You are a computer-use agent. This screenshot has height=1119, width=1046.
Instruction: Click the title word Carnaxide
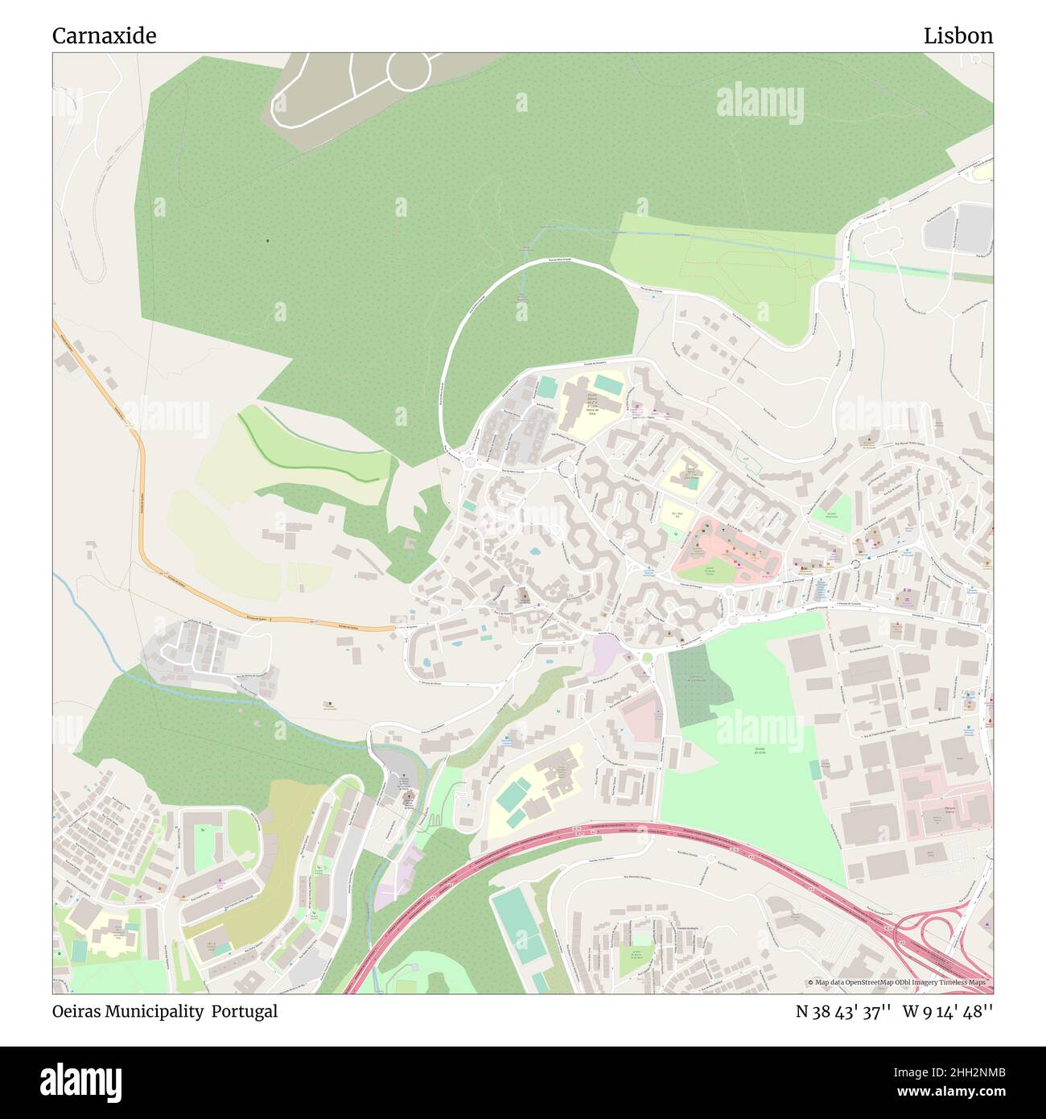[104, 36]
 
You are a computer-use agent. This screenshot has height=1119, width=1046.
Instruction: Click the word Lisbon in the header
[957, 36]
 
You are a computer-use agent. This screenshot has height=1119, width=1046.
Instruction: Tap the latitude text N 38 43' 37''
[842, 1011]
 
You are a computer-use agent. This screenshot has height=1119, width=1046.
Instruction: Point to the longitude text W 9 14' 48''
[948, 1011]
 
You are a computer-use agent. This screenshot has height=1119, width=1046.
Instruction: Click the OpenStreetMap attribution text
[900, 982]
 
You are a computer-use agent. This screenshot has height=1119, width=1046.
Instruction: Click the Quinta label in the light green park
[759, 749]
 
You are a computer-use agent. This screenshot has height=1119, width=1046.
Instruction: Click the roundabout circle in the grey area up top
[411, 69]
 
